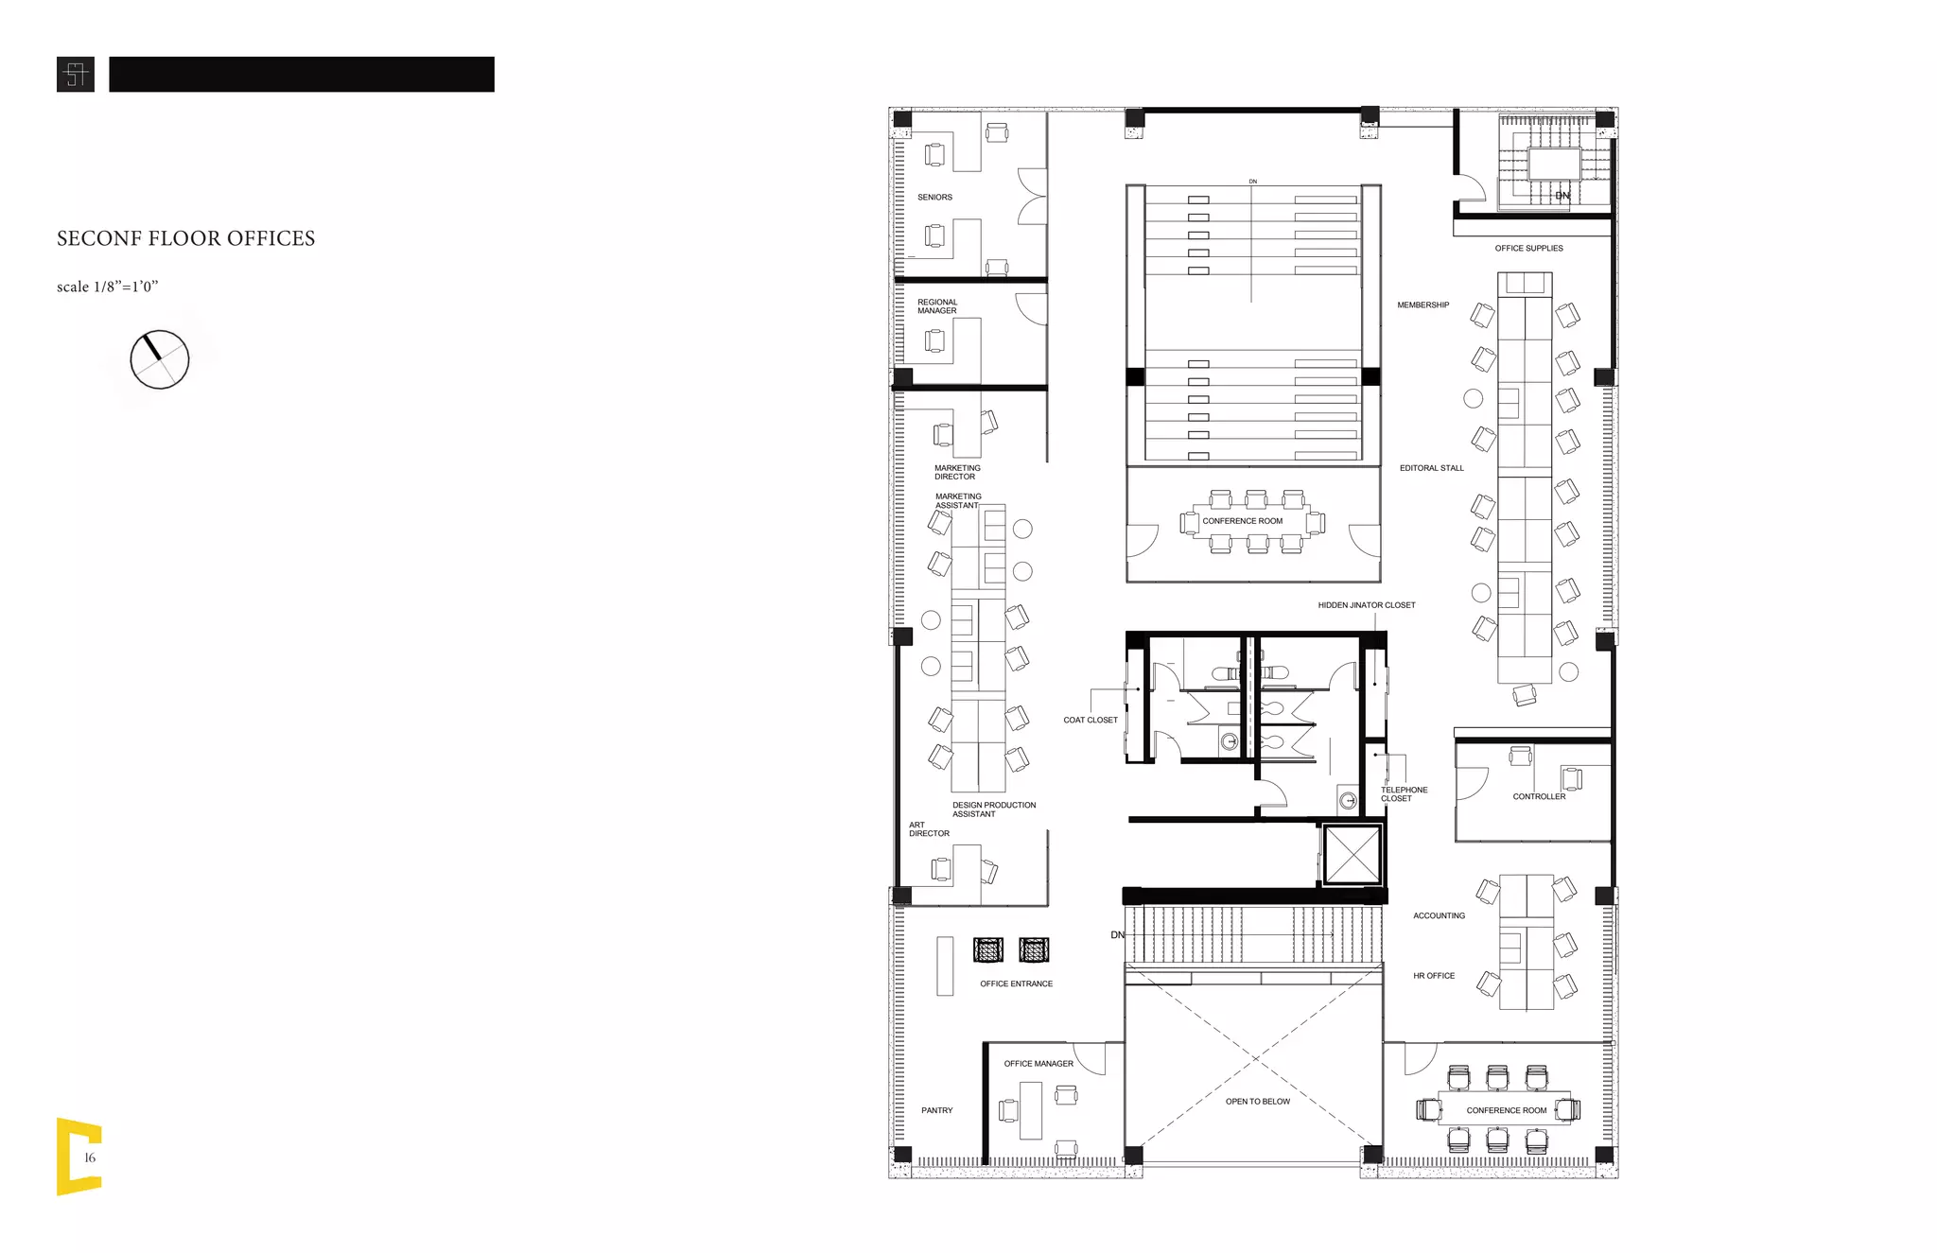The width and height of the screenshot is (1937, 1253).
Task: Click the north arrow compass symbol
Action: point(159,359)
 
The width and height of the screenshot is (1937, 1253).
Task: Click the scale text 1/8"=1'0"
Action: point(107,287)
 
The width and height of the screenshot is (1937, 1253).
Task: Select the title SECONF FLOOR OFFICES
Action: point(185,238)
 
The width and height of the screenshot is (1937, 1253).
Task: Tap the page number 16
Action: point(90,1157)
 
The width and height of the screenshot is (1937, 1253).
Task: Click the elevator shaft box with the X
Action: point(1352,855)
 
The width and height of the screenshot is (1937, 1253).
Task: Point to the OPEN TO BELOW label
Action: point(1257,1102)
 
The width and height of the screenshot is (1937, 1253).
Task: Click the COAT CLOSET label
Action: point(1090,721)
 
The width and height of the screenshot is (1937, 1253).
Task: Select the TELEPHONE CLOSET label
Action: point(1403,794)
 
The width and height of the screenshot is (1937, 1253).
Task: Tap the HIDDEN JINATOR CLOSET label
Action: point(1366,605)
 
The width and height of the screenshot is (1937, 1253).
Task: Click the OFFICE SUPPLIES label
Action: point(1528,249)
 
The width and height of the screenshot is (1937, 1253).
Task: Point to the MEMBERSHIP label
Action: point(1422,305)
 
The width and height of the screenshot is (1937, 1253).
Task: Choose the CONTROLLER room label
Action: point(1538,797)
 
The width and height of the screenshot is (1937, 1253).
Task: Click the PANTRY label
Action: point(936,1111)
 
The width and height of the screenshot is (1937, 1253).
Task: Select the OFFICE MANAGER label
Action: point(1038,1064)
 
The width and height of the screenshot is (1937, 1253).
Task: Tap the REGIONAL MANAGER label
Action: point(936,306)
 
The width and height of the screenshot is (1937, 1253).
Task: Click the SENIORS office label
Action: point(934,198)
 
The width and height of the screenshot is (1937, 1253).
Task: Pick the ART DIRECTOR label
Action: point(928,829)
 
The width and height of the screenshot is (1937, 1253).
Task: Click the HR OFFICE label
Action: point(1433,976)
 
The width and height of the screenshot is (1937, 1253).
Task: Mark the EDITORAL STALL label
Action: point(1431,468)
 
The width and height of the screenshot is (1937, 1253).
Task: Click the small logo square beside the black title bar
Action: point(76,75)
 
